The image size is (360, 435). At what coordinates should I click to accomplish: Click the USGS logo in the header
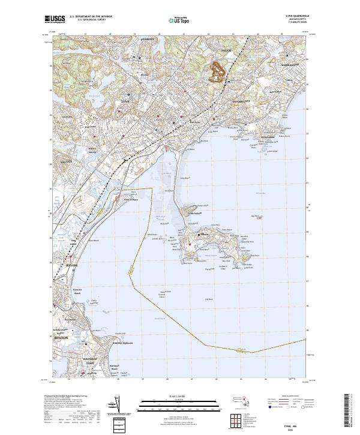tap(53, 19)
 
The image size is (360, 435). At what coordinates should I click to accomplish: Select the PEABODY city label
tap(148, 38)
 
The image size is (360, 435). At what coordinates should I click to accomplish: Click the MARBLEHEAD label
tap(289, 65)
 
